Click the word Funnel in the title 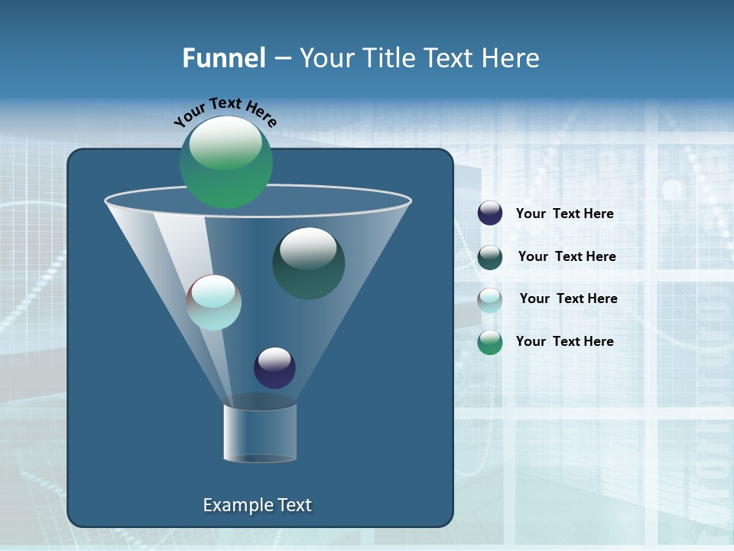pos(223,58)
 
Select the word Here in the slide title pos(511,58)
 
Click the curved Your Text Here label pos(225,111)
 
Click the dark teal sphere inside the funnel pos(308,263)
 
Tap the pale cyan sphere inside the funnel pos(214,302)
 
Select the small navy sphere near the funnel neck pos(274,367)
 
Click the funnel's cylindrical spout pos(260,433)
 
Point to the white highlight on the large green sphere pos(226,143)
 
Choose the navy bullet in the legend pos(490,214)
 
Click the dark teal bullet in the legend pos(490,257)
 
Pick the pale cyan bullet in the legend pos(490,300)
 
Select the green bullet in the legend pos(490,342)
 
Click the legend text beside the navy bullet pos(564,214)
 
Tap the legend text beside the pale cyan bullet pos(568,299)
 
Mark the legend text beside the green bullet pos(564,341)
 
